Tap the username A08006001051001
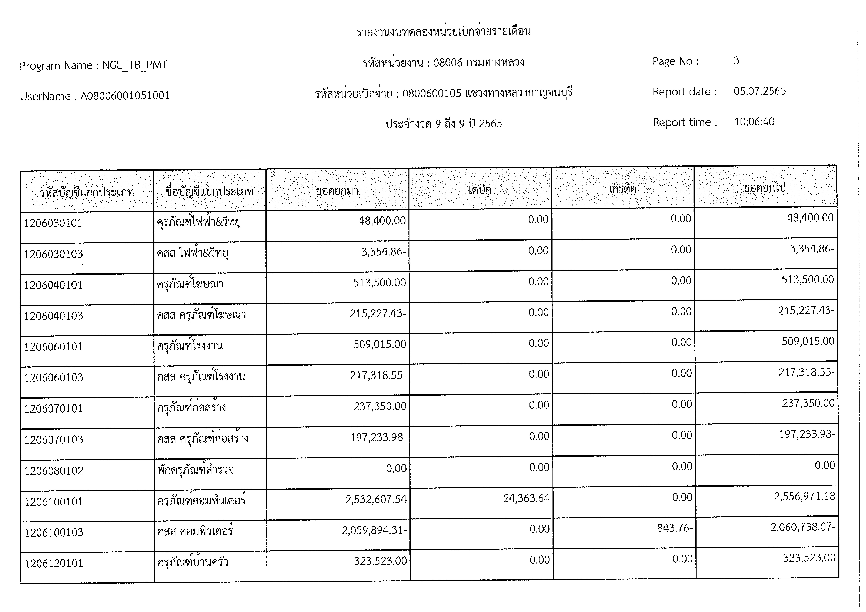(125, 96)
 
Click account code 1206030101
(53, 223)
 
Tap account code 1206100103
(54, 532)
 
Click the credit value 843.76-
(674, 528)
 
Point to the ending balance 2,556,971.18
(805, 496)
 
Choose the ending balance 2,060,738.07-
(803, 527)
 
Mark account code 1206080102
(54, 471)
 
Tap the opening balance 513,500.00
(379, 283)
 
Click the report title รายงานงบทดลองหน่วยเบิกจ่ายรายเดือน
(444, 32)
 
